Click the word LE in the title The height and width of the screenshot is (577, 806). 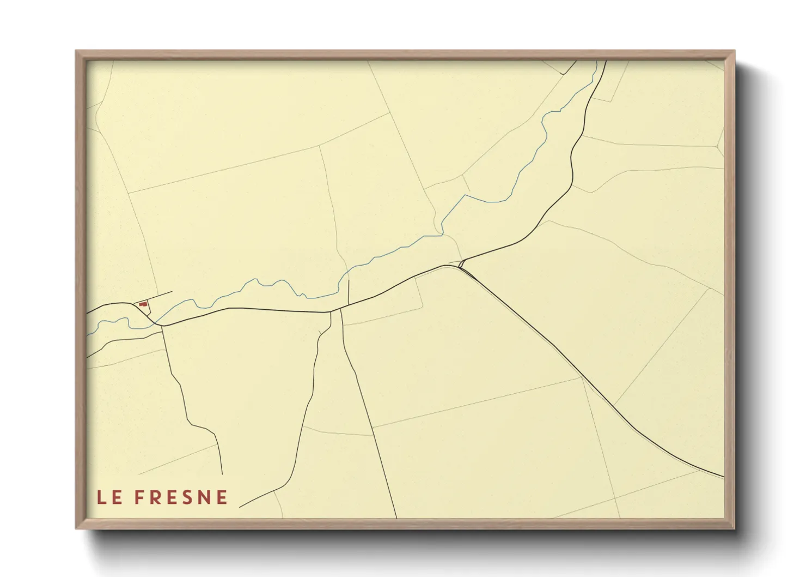pos(109,497)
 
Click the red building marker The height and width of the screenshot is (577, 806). pos(143,304)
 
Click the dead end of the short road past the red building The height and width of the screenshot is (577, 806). pos(172,292)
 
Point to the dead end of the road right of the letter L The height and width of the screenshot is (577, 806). pos(222,474)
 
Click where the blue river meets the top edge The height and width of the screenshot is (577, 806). pos(597,61)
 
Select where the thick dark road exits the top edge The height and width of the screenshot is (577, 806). pos(606,61)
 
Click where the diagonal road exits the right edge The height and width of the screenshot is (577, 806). pos(723,477)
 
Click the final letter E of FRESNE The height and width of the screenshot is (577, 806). pos(222,497)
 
